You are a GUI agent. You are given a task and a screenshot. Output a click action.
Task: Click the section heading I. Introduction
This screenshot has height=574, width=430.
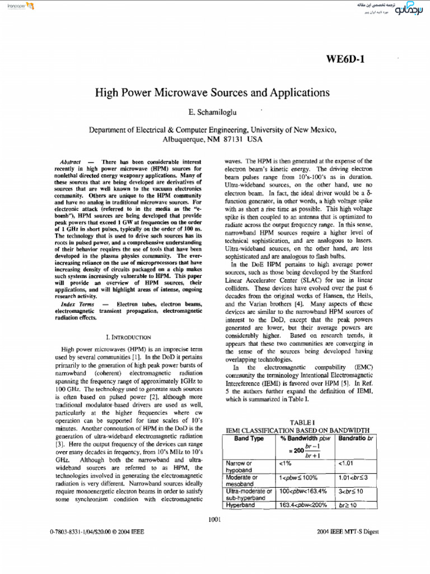pos(128,337)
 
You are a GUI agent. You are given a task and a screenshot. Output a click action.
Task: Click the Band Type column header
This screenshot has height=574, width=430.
pos(249,438)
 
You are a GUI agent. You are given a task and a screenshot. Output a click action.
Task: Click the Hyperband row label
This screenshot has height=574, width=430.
pos(240,505)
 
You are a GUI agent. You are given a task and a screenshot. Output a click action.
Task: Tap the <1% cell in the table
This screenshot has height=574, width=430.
pos(285,464)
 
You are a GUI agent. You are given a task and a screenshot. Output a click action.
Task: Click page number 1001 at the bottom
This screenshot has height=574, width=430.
pos(215,520)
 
